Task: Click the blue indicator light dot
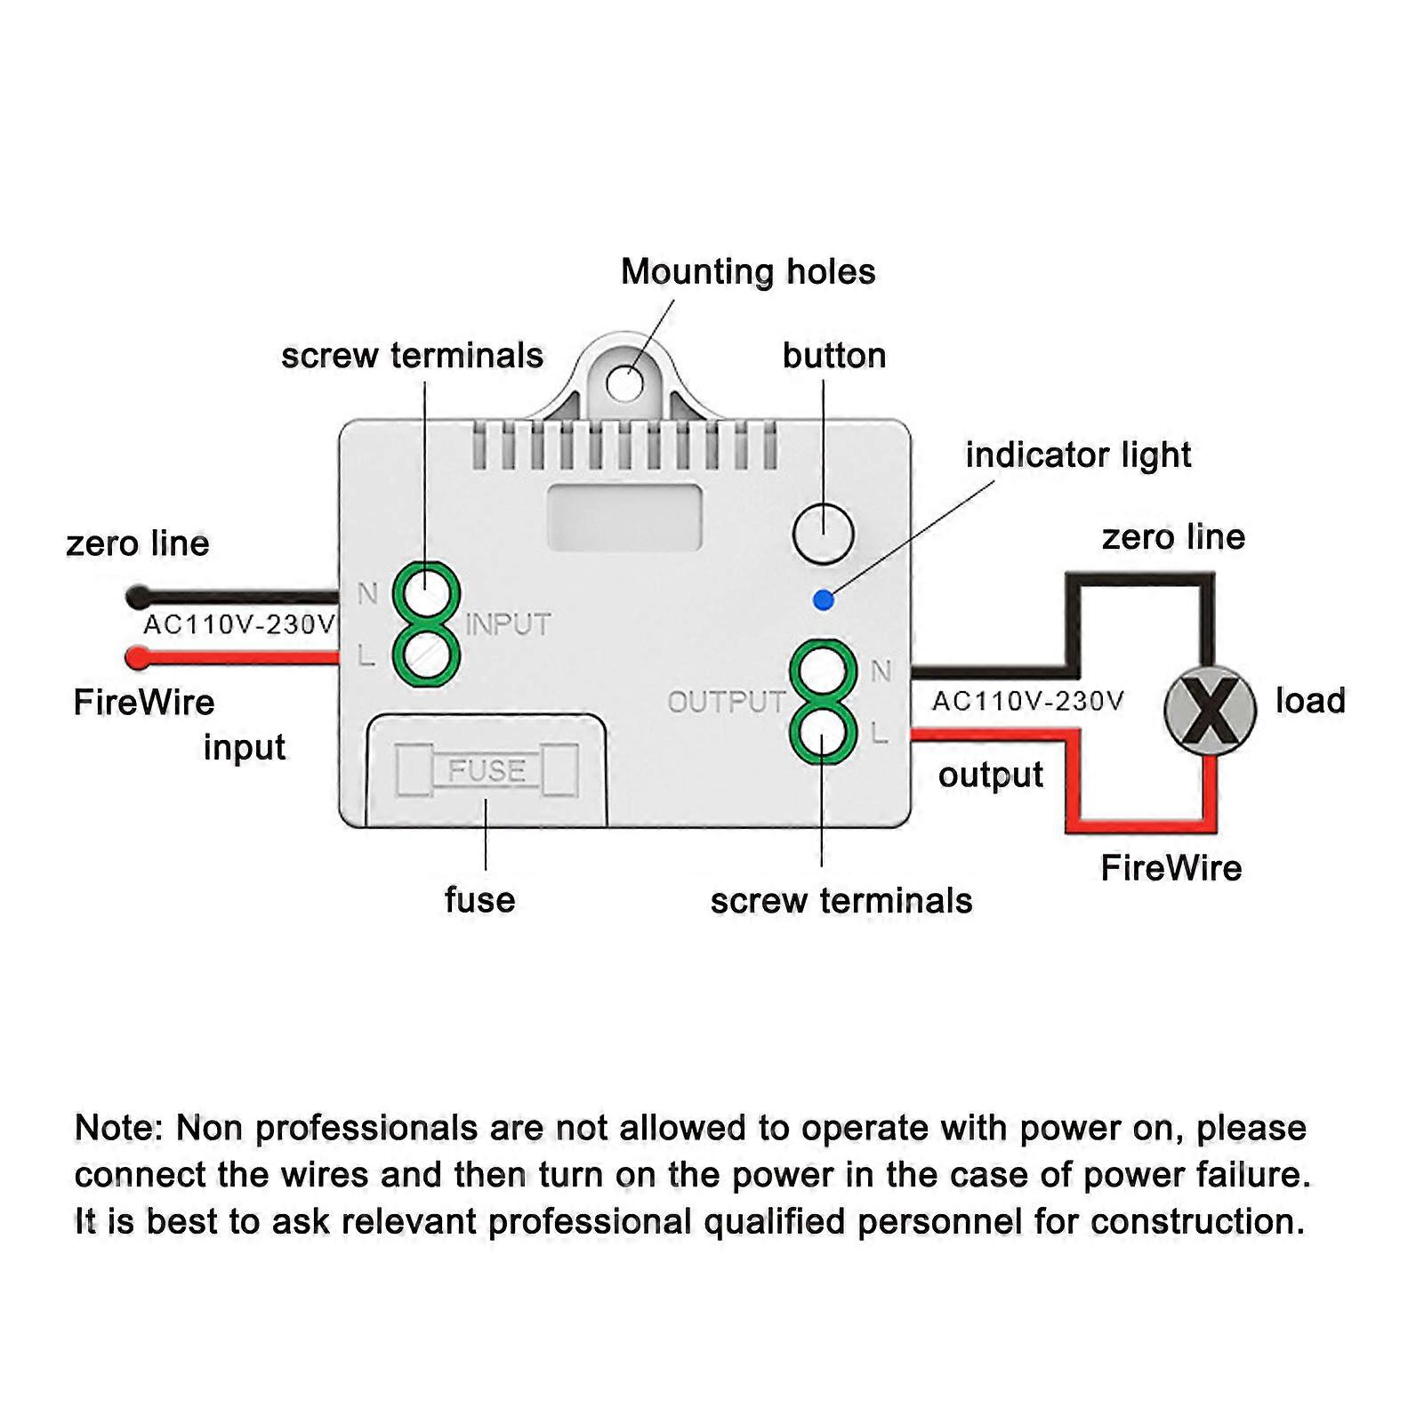pyautogui.click(x=824, y=600)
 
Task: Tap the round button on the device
pyautogui.click(x=823, y=534)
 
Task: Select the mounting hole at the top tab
pyautogui.click(x=624, y=383)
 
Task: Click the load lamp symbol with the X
pyautogui.click(x=1210, y=710)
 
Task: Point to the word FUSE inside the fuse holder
pyautogui.click(x=487, y=770)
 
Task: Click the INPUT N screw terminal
pyautogui.click(x=427, y=591)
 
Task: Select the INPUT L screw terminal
pyautogui.click(x=427, y=656)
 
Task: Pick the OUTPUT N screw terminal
pyautogui.click(x=823, y=670)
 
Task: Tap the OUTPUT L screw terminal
pyautogui.click(x=823, y=732)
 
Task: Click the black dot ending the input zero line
pyautogui.click(x=138, y=596)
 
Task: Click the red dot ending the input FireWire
pyautogui.click(x=138, y=658)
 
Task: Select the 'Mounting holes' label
pyautogui.click(x=748, y=272)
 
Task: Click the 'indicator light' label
pyautogui.click(x=1078, y=455)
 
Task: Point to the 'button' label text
pyautogui.click(x=834, y=356)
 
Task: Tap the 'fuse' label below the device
pyautogui.click(x=479, y=900)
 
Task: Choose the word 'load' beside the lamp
pyautogui.click(x=1310, y=701)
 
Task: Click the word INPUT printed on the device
pyautogui.click(x=508, y=624)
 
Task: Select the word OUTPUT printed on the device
pyautogui.click(x=727, y=703)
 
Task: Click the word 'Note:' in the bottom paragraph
pyautogui.click(x=119, y=1128)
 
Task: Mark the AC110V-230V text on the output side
pyautogui.click(x=1027, y=702)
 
